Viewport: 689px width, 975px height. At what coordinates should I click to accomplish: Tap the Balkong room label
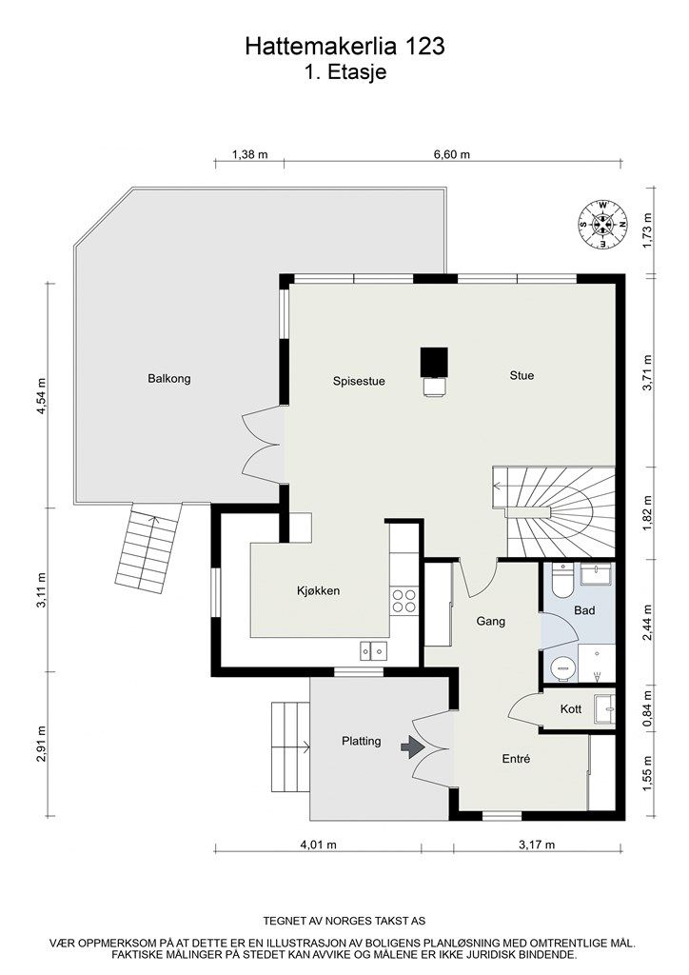point(169,379)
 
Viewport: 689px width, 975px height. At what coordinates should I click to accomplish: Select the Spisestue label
point(359,382)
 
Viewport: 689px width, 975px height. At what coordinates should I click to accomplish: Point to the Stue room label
point(521,376)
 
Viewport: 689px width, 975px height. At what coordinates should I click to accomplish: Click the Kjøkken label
point(318,591)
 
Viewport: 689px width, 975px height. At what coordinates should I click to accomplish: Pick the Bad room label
point(583,610)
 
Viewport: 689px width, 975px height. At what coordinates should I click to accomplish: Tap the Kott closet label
point(571,709)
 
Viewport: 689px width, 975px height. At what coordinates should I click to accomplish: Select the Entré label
point(516,759)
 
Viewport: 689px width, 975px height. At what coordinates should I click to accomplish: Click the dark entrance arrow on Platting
point(412,748)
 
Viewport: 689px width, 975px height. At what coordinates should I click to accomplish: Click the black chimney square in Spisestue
point(434,361)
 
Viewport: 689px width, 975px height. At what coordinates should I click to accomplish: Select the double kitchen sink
point(373,650)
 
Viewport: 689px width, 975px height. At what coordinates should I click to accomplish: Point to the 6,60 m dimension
point(451,154)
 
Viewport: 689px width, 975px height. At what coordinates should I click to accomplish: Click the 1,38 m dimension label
point(249,154)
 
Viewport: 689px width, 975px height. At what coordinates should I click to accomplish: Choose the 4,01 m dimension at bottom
point(319,845)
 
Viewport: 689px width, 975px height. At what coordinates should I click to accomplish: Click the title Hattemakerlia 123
point(344,46)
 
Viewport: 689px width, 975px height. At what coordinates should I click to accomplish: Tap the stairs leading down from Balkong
point(147,549)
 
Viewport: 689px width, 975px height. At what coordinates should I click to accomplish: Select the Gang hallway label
point(490,622)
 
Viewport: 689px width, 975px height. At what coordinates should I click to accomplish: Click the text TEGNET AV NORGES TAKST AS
point(344,922)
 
